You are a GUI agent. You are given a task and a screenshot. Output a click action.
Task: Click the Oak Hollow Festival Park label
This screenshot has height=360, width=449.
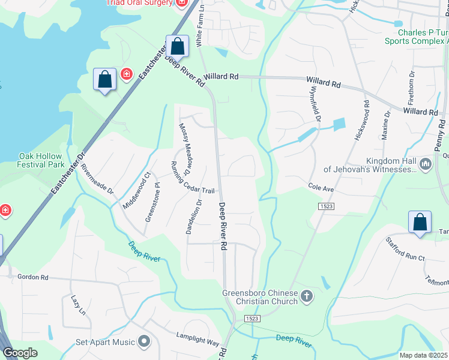point(41,160)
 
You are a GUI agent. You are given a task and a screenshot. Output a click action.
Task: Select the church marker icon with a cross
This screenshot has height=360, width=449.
point(307,296)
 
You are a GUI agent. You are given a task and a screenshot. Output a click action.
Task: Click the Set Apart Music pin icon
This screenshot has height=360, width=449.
point(144,341)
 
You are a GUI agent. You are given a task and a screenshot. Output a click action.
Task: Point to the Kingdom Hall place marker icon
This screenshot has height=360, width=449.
point(426,164)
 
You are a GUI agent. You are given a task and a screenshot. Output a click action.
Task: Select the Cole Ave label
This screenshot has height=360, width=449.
point(321,188)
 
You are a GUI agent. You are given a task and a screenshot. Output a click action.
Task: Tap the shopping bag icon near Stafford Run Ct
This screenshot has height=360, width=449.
point(420,222)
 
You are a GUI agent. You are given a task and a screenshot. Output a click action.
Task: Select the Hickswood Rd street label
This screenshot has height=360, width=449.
point(366,120)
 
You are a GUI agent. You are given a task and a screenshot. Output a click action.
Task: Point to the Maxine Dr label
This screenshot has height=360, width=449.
point(387,124)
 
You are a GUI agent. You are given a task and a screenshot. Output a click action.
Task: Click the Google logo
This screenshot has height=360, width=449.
point(21,353)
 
